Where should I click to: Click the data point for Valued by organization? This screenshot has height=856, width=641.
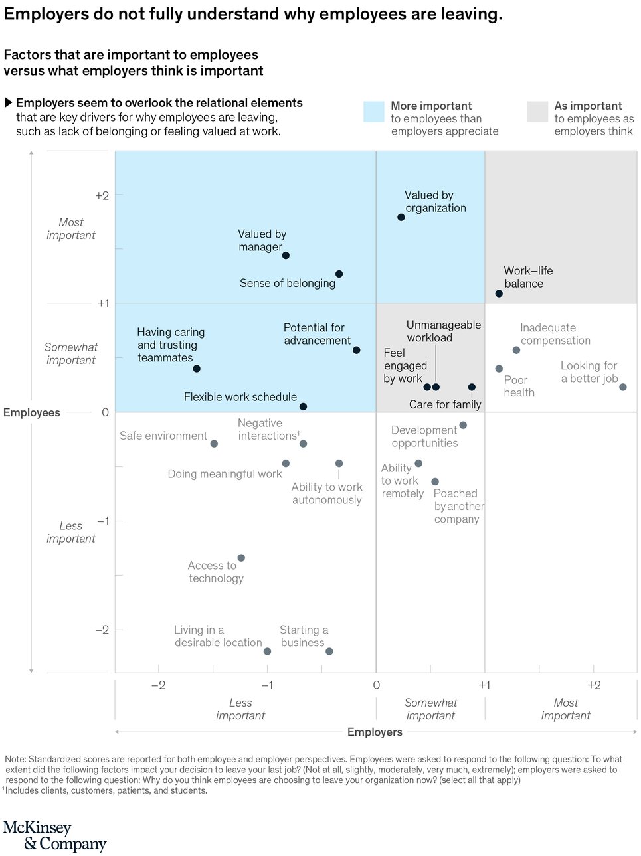pyautogui.click(x=401, y=217)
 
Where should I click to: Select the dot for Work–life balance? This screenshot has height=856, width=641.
pyautogui.click(x=499, y=294)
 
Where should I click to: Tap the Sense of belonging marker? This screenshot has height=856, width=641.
pyautogui.click(x=339, y=274)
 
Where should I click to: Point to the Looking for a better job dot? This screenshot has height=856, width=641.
pyautogui.click(x=623, y=387)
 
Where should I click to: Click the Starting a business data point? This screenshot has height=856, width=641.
pyautogui.click(x=329, y=651)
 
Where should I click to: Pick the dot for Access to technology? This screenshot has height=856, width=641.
pyautogui.click(x=241, y=558)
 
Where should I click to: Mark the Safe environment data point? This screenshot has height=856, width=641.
pyautogui.click(x=214, y=444)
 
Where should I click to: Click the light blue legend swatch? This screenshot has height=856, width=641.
pyautogui.click(x=374, y=112)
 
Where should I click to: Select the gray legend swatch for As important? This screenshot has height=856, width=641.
pyautogui.click(x=537, y=112)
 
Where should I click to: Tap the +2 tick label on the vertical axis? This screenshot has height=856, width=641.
pyautogui.click(x=102, y=195)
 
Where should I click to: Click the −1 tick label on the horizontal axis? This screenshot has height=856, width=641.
pyautogui.click(x=267, y=685)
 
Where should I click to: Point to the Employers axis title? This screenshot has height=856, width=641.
pyautogui.click(x=375, y=732)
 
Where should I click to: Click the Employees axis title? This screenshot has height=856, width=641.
pyautogui.click(x=32, y=412)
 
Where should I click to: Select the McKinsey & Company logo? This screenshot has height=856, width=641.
pyautogui.click(x=54, y=836)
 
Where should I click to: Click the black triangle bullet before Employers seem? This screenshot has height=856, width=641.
pyautogui.click(x=9, y=102)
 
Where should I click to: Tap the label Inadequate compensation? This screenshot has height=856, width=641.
pyautogui.click(x=555, y=334)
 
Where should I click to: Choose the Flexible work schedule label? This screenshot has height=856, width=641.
pyautogui.click(x=240, y=397)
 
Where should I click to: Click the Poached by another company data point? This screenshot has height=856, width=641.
pyautogui.click(x=435, y=481)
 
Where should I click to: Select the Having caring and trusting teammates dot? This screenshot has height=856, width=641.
pyautogui.click(x=197, y=369)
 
